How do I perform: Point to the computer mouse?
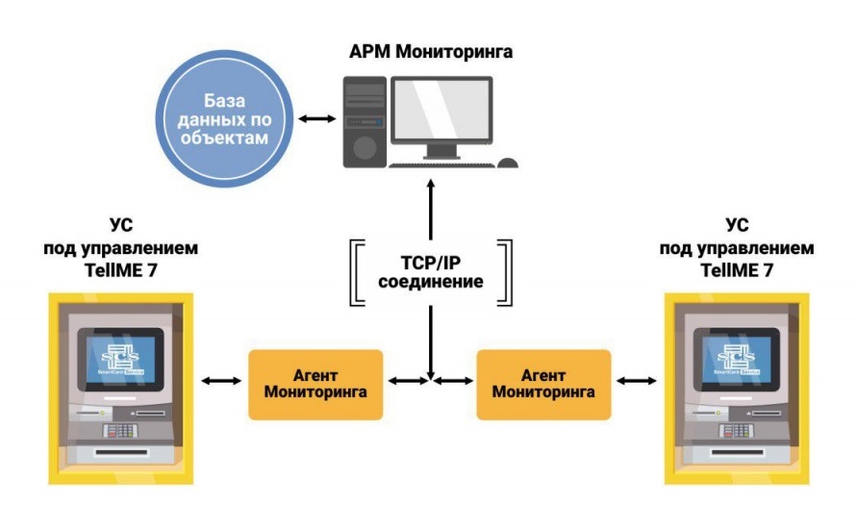[508, 164]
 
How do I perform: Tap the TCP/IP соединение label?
[430, 272]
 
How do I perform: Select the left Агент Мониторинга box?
[315, 384]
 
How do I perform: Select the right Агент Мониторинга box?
[543, 384]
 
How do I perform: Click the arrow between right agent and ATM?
[636, 383]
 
